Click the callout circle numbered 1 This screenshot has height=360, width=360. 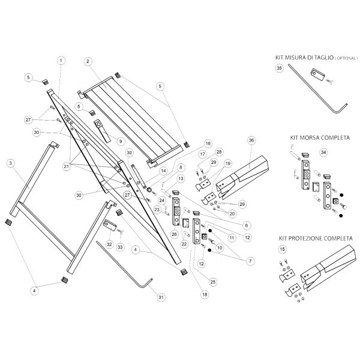(61, 60)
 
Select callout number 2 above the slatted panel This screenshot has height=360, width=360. (88, 61)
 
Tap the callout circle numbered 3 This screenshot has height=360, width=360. (10, 163)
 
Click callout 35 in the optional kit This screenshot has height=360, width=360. (278, 69)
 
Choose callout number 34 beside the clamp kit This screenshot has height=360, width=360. (325, 152)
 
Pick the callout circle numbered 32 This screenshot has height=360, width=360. (109, 244)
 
